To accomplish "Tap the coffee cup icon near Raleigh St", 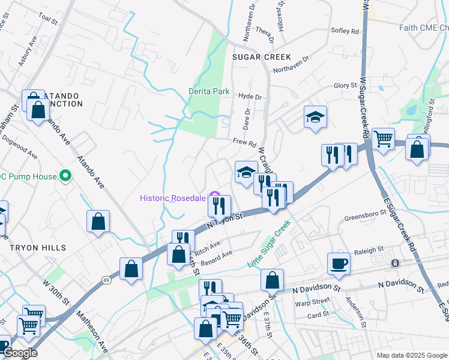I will pyautogui.click(x=339, y=263).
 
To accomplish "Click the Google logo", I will pyautogui.click(x=19, y=352).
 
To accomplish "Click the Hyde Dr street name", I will pyautogui.click(x=250, y=97).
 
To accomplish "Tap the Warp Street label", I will pyautogui.click(x=312, y=301).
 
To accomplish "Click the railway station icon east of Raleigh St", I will pyautogui.click(x=395, y=263).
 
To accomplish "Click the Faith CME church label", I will pyautogui.click(x=423, y=28).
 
